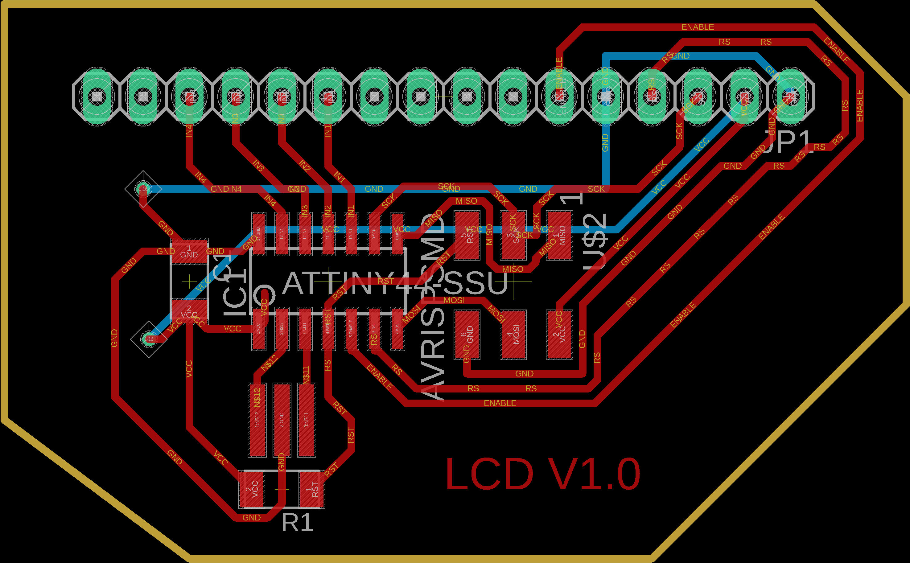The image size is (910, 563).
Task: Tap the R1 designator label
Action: (x=297, y=522)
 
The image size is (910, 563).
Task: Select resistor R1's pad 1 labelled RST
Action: (x=312, y=489)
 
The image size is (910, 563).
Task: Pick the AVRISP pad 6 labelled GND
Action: (x=467, y=334)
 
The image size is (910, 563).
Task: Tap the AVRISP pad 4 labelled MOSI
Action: (x=513, y=334)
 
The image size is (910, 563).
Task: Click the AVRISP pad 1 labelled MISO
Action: (x=559, y=235)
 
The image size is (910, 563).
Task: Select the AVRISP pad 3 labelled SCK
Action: (x=513, y=235)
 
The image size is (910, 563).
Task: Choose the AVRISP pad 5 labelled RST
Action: (x=467, y=235)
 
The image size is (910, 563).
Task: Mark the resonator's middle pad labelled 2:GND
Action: (x=282, y=420)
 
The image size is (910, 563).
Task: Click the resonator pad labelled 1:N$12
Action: (x=257, y=420)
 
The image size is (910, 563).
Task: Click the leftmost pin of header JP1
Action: (x=97, y=97)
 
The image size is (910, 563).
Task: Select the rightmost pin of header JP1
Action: (x=791, y=97)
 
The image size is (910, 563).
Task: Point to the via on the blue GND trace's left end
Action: (x=143, y=189)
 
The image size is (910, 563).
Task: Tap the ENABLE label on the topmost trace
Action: (x=698, y=27)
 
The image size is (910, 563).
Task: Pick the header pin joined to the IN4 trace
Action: (x=189, y=97)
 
